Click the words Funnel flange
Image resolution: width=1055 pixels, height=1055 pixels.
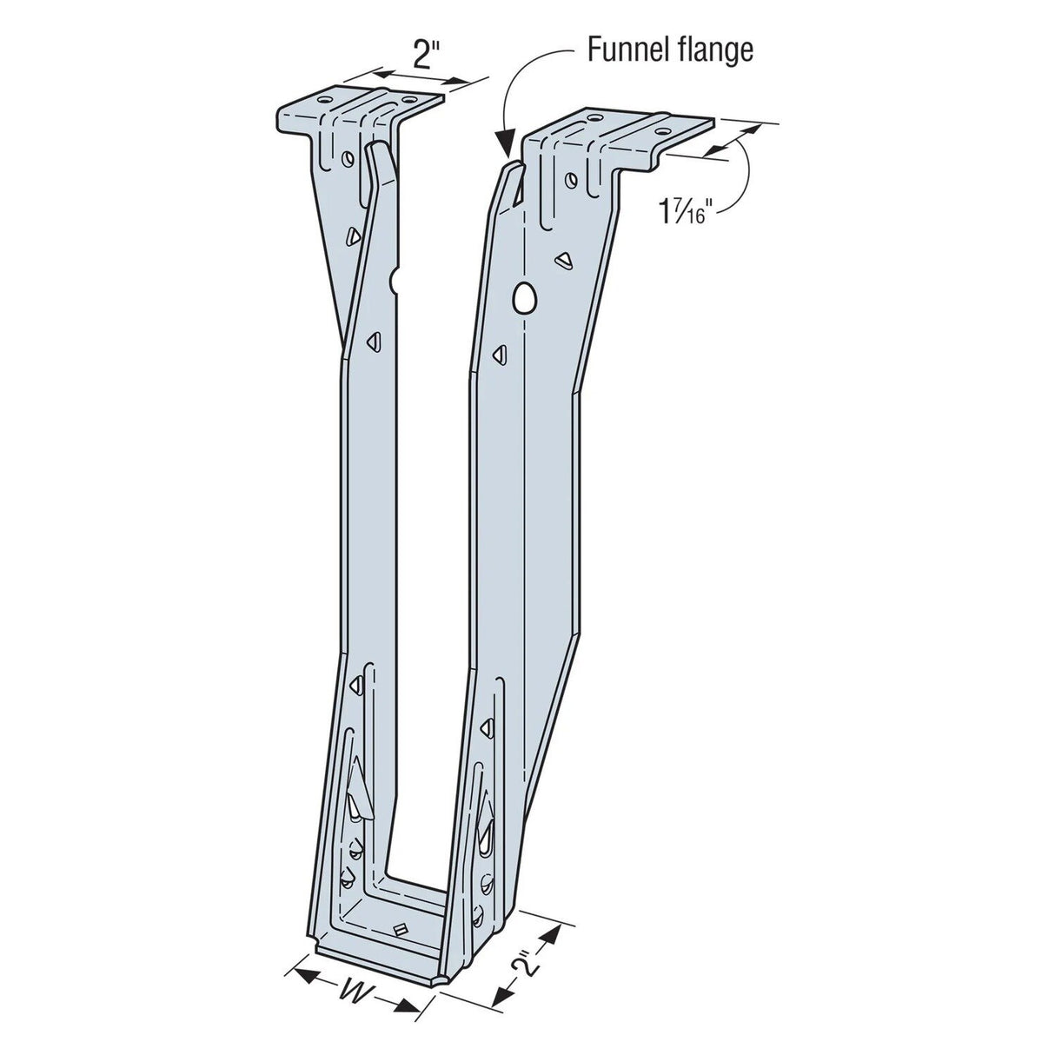pyautogui.click(x=669, y=50)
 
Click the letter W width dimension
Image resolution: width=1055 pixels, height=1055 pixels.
pyautogui.click(x=354, y=993)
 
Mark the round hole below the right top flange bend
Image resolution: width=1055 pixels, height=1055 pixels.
pyautogui.click(x=570, y=180)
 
